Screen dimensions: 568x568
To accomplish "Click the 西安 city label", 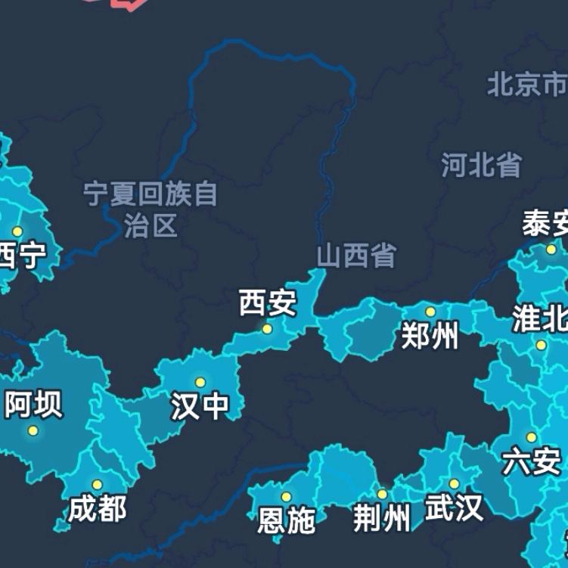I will tap(268, 303).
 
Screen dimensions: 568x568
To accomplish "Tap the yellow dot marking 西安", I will tap(267, 329).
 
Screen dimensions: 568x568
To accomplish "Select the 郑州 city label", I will tap(430, 337).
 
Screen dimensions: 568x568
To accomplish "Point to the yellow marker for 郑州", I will tap(430, 312).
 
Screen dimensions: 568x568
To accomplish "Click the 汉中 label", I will tap(200, 407).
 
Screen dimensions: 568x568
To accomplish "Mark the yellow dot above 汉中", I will tap(200, 383).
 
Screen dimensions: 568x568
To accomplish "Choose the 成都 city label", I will tap(98, 509).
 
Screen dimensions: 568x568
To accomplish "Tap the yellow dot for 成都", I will tap(97, 485).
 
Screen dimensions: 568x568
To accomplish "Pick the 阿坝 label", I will tap(33, 405).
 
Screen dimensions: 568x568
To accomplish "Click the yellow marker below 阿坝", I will tap(33, 431).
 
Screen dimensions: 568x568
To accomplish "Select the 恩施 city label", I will tap(286, 520).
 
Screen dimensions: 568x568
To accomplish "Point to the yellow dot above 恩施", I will tap(286, 497).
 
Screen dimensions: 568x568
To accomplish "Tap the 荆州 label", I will tap(382, 519).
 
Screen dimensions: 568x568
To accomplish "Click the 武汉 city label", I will tap(454, 508).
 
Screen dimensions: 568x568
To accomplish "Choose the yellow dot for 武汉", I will tap(454, 484).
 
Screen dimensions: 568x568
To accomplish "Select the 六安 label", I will tap(532, 461).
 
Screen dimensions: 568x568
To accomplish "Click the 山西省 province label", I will tap(356, 256).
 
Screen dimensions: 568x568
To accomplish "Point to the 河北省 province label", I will tap(482, 164).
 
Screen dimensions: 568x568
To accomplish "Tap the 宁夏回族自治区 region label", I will tap(151, 210).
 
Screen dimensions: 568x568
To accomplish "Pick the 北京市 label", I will tap(526, 83).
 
